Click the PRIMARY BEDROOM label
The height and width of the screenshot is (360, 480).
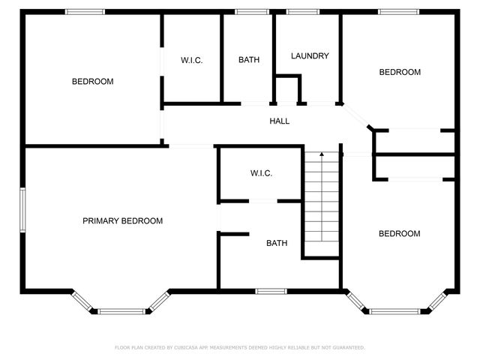[x=122, y=220]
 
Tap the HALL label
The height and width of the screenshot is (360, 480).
[x=280, y=121]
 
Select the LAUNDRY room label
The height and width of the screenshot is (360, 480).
[x=310, y=56]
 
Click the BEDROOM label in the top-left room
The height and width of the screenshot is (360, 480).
[x=92, y=81]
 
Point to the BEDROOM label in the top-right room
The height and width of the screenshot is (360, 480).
[x=400, y=72]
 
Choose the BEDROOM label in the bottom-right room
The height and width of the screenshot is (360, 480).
[x=399, y=233]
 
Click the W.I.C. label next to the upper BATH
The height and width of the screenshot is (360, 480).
[x=191, y=60]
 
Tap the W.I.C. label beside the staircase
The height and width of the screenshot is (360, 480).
[x=261, y=173]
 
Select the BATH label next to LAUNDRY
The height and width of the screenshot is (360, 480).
[x=249, y=60]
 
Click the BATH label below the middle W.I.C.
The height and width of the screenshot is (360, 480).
[x=277, y=243]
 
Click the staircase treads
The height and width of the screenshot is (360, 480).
[x=322, y=202]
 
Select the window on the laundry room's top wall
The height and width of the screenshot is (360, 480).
[x=302, y=12]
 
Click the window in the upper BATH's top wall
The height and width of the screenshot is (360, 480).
[x=252, y=12]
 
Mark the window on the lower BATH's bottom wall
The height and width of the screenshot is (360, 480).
[x=271, y=291]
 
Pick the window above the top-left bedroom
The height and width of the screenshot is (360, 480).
[x=85, y=12]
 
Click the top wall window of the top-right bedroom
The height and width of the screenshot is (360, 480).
[x=398, y=12]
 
